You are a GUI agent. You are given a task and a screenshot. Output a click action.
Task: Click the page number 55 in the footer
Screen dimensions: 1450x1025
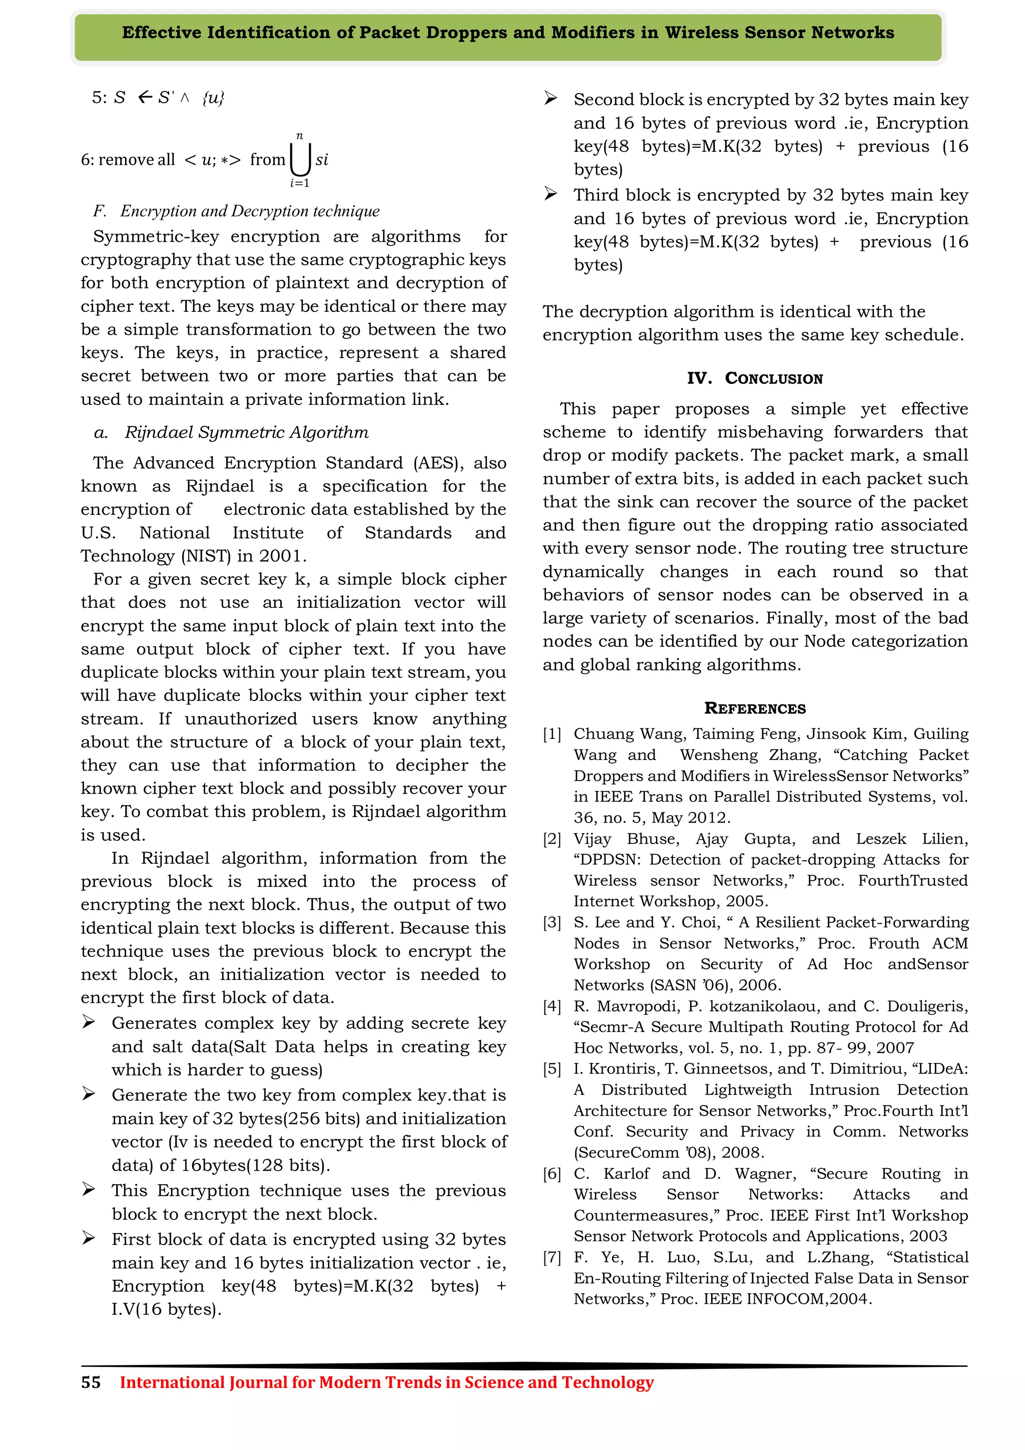(x=91, y=1382)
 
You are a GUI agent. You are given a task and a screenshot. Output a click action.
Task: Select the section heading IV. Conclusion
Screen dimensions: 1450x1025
(x=755, y=379)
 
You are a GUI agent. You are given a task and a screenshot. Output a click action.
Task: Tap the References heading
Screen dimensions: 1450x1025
(x=755, y=708)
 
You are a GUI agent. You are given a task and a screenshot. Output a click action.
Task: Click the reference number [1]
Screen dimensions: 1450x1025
(x=552, y=734)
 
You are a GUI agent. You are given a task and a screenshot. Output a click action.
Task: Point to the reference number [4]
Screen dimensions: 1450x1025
(x=552, y=1006)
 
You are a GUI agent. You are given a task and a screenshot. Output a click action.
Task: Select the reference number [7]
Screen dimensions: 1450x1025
(x=552, y=1257)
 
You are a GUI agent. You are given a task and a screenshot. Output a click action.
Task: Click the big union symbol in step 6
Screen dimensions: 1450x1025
(x=300, y=160)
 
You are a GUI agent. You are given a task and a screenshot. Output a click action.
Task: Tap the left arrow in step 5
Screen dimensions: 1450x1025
(x=145, y=97)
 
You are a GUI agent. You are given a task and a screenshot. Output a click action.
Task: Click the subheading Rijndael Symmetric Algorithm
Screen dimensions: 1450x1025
(x=246, y=433)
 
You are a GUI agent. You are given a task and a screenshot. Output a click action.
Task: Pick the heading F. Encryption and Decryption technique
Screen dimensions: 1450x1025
(x=237, y=211)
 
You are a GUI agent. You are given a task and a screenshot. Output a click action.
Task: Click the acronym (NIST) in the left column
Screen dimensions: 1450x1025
(x=206, y=556)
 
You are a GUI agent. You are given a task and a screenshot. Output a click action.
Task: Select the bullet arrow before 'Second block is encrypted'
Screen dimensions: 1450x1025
(x=551, y=99)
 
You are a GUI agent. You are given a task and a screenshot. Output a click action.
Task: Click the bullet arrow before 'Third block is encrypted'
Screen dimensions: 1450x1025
(x=551, y=194)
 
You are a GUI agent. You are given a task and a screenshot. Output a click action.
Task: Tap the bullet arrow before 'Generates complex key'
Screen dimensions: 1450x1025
(x=89, y=1022)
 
